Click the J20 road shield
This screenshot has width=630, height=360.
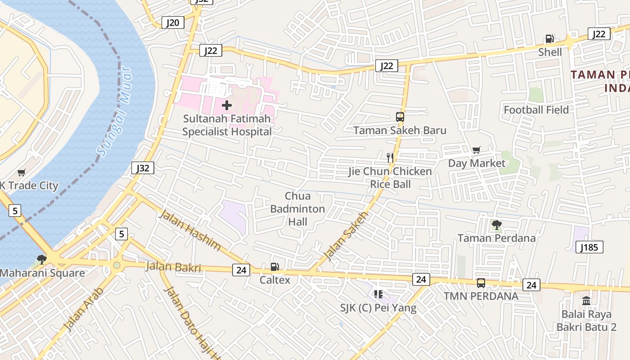173,23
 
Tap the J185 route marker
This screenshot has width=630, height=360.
589,247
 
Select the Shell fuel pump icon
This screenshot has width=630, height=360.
549,39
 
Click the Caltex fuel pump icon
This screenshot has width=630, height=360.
274,267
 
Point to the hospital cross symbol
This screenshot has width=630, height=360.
227,105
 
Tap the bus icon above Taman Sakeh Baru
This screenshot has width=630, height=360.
400,117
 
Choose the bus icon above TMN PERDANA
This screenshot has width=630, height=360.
481,283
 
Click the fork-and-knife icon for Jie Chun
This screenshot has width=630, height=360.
390,157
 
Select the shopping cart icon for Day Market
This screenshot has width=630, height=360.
476,150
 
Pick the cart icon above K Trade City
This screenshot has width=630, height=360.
22,172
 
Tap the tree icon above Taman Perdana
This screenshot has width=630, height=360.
496,225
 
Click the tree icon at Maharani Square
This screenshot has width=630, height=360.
41,260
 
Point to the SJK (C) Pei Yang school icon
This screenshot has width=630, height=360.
378,294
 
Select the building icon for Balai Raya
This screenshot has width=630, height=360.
586,300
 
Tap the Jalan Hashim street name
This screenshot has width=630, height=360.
189,230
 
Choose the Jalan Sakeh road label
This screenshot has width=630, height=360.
346,236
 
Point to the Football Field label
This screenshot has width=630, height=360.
536,110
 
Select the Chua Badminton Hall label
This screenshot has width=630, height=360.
297,209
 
